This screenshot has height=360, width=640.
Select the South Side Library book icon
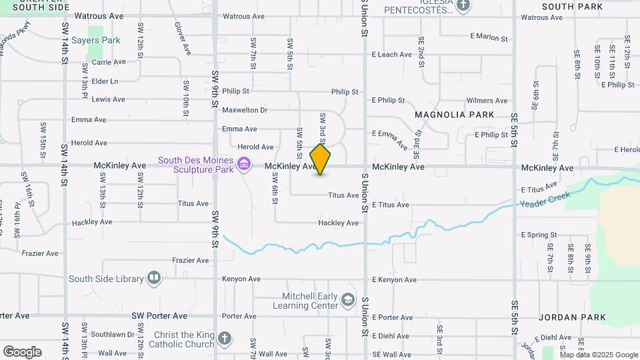(x=154, y=277)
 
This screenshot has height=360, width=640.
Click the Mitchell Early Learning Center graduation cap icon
(x=347, y=300)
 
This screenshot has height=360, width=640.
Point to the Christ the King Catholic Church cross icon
(x=225, y=339)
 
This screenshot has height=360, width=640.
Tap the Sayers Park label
(x=95, y=40)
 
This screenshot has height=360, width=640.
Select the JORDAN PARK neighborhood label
(x=573, y=317)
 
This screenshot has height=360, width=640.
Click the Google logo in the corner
(x=22, y=351)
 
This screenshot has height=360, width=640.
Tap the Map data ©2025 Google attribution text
(x=599, y=355)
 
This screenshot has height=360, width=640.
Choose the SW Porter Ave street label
(x=159, y=315)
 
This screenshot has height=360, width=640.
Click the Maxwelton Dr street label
(x=245, y=110)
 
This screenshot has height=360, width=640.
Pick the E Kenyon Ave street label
(x=394, y=280)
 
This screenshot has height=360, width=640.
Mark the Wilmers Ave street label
(x=487, y=101)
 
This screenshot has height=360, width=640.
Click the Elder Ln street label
(x=105, y=81)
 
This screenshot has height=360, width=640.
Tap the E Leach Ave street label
(x=393, y=55)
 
